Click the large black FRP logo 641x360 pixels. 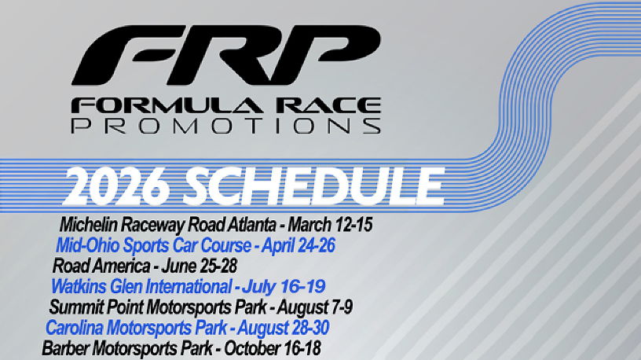tap(226, 55)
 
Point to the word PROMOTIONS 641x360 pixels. tap(226, 126)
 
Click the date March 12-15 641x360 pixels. tap(330, 225)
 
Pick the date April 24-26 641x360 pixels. tap(299, 245)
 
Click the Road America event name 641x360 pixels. tap(101, 266)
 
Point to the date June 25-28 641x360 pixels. tap(199, 266)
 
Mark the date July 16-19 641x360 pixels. tap(284, 286)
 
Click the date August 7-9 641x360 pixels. tap(315, 307)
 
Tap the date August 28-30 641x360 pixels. tap(284, 328)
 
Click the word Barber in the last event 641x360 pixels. tap(65, 348)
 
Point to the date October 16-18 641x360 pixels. tap(273, 348)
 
